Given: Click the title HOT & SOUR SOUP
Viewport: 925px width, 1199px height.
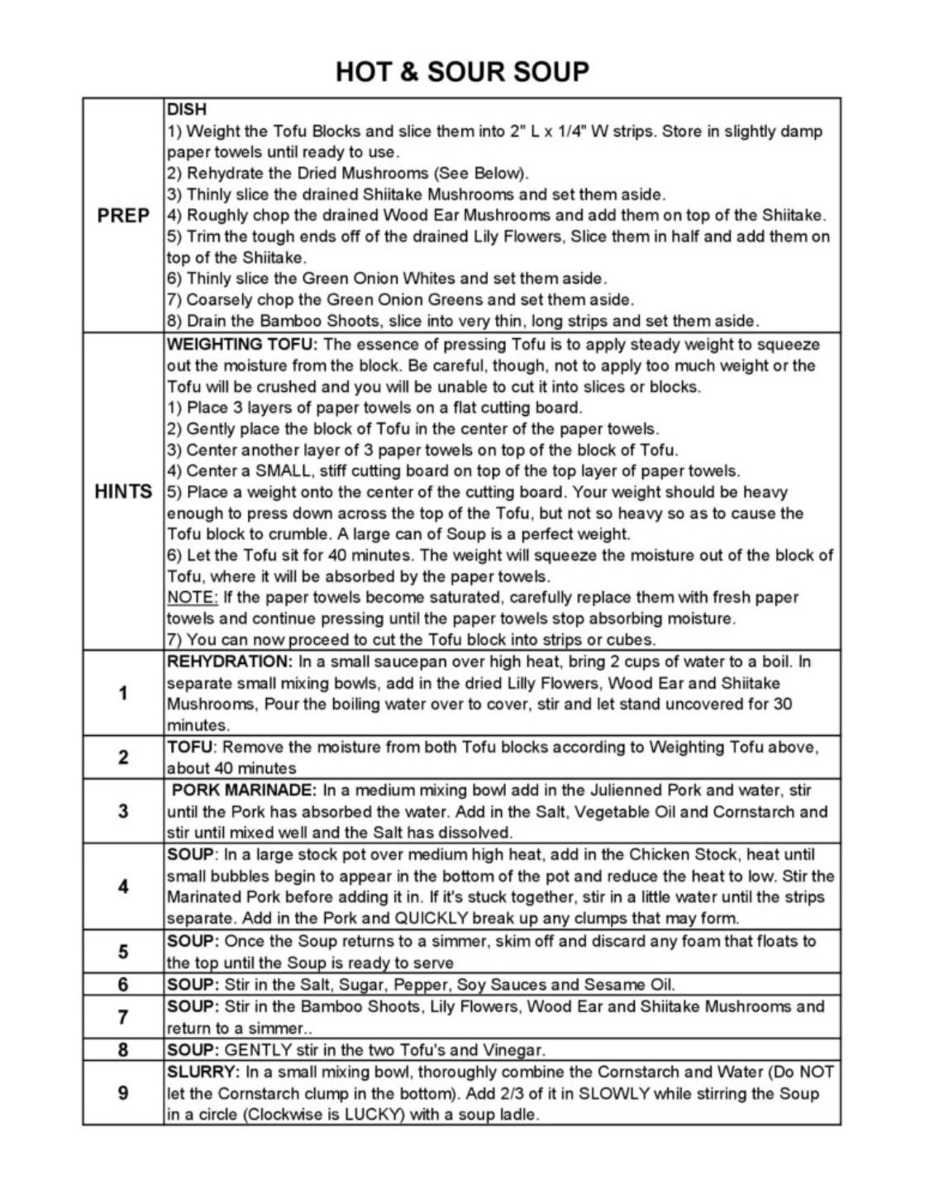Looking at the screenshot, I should click(x=462, y=72).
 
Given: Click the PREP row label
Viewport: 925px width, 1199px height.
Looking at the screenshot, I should click(x=123, y=216).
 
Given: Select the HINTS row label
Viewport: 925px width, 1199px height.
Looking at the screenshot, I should click(x=123, y=492).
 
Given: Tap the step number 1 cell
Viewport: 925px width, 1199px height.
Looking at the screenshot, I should click(x=123, y=693).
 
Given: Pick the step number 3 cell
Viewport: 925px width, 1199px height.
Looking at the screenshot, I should click(x=123, y=811).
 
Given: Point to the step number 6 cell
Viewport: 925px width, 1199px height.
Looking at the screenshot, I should click(x=123, y=984).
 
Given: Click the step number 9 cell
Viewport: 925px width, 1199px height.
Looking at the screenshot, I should click(x=123, y=1093).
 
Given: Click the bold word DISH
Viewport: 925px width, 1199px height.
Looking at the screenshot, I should click(x=187, y=109).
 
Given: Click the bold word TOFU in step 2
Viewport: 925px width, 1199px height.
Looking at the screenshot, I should click(x=190, y=748).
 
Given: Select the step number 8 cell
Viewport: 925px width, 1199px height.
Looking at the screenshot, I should click(x=123, y=1050).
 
